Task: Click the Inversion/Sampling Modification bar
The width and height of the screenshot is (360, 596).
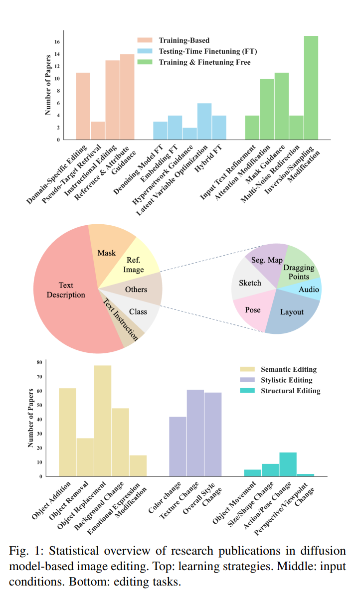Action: [x=311, y=88]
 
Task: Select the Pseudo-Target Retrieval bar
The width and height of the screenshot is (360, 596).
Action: [x=98, y=130]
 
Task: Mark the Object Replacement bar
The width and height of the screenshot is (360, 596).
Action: [x=103, y=421]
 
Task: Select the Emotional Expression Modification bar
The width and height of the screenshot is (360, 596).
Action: [x=138, y=465]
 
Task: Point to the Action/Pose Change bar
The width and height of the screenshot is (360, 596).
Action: [x=288, y=464]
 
